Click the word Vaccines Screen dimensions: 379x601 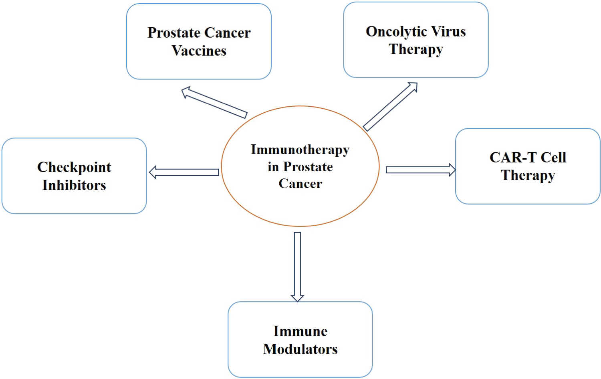[x=199, y=51]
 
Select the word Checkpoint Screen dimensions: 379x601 [x=74, y=167]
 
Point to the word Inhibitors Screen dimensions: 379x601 [x=74, y=185]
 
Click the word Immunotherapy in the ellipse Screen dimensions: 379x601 [x=300, y=150]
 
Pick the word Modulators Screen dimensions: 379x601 [x=300, y=349]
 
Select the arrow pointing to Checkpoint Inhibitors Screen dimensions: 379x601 [x=184, y=172]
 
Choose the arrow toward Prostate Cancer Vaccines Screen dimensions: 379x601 [x=214, y=103]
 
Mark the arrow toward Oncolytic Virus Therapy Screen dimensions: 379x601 [x=390, y=107]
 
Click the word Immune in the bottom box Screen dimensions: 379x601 [x=300, y=331]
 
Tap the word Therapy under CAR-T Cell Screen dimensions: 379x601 [x=528, y=176]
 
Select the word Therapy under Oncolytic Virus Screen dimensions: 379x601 [x=415, y=49]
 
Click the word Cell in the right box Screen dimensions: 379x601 [x=553, y=158]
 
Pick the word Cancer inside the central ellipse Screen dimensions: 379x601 [x=300, y=184]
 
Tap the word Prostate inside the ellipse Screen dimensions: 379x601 [x=308, y=167]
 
